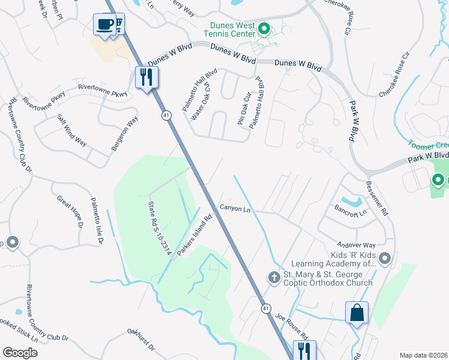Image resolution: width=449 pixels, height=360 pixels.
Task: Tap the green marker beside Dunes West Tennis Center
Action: click(263, 28)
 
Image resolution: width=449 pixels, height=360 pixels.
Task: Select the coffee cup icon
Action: click(105, 25)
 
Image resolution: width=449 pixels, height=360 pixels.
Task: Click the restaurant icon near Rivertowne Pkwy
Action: click(146, 77)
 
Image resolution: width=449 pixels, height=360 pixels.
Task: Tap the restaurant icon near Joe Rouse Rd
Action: click(304, 350)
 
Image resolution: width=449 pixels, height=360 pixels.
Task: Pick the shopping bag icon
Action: click(356, 313)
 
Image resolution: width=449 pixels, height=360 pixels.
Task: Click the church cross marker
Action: click(274, 277)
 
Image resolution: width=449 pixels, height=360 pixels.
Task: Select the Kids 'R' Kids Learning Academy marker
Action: click(385, 259)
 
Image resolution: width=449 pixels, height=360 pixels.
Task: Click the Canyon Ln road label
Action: click(235, 208)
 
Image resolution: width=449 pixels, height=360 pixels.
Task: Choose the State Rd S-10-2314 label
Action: click(160, 229)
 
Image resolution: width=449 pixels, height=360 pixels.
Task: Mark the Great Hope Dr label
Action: click(69, 211)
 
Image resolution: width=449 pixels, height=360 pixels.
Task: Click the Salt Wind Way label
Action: click(71, 130)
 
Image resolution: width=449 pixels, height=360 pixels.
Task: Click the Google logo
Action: click(20, 353)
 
